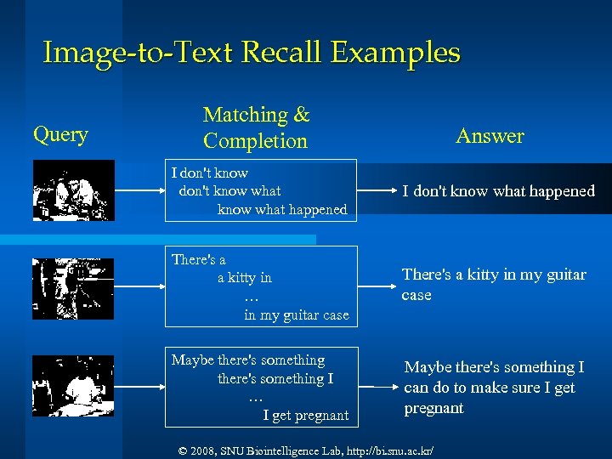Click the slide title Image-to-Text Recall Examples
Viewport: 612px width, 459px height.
click(252, 53)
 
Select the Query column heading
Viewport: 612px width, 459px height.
click(60, 134)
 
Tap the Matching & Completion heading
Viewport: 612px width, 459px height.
click(256, 127)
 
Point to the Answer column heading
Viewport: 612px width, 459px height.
click(490, 136)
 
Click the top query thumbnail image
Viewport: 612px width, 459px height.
click(61, 190)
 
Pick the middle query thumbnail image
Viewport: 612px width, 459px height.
click(61, 288)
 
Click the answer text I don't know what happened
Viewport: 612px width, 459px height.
click(498, 191)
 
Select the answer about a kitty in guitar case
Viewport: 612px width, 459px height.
click(493, 285)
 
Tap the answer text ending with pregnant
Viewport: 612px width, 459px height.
click(493, 388)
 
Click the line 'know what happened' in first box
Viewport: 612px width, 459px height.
click(282, 209)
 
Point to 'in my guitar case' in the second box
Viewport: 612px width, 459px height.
click(296, 315)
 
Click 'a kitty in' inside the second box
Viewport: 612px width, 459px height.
click(245, 278)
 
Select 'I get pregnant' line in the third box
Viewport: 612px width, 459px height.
click(305, 416)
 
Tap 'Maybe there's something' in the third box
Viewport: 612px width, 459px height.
click(248, 360)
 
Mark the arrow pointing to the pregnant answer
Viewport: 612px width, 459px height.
click(374, 387)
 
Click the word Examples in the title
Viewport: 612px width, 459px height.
click(394, 53)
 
